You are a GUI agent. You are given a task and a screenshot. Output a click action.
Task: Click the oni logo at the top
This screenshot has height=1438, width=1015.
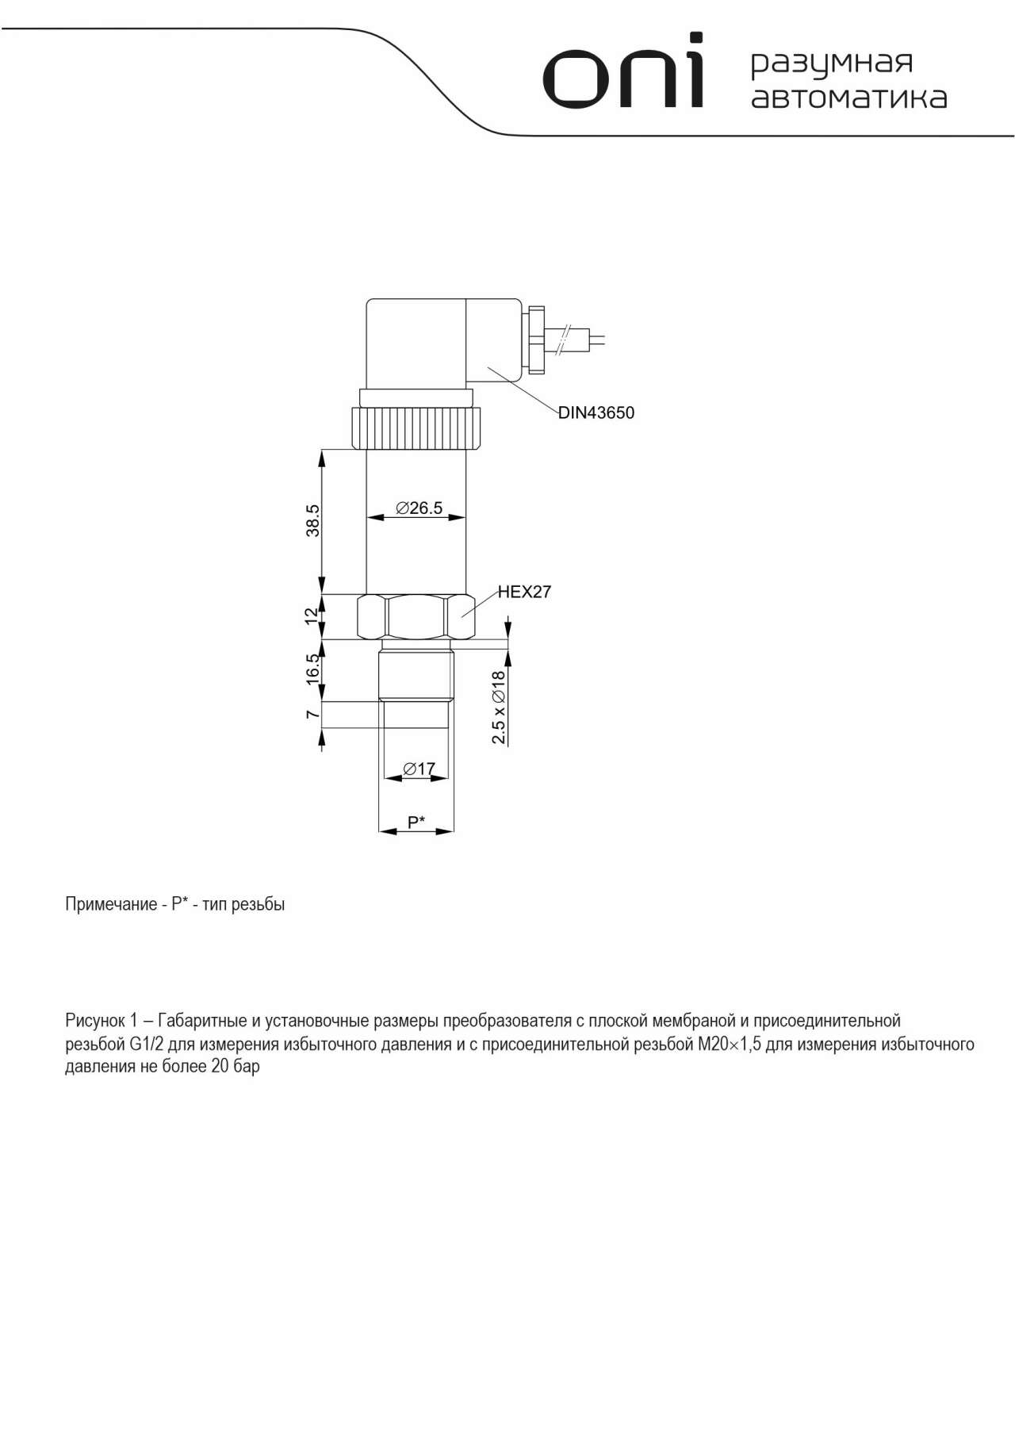(x=623, y=73)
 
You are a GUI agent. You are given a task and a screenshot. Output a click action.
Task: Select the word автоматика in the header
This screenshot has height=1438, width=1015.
(x=848, y=98)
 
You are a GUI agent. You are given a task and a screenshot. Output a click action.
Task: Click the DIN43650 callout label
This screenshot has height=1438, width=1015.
(x=596, y=413)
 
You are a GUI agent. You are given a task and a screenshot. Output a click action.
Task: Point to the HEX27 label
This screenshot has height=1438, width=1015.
(x=524, y=592)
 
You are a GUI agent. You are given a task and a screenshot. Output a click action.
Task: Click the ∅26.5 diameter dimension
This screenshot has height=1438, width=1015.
(x=419, y=508)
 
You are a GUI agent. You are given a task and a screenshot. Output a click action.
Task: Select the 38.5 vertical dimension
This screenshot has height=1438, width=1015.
(x=313, y=520)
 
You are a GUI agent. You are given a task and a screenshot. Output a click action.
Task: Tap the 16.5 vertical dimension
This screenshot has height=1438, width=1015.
(x=313, y=669)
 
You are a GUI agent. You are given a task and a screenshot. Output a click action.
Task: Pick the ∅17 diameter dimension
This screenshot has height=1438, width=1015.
(x=419, y=768)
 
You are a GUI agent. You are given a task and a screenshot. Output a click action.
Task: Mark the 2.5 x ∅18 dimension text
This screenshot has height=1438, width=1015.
(x=498, y=707)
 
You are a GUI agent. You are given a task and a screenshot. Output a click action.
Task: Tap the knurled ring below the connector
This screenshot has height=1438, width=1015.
(x=416, y=429)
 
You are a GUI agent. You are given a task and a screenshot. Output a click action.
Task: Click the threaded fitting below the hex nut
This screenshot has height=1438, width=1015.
(x=416, y=673)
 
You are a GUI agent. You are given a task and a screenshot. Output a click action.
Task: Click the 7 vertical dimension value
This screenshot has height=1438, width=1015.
(x=313, y=714)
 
